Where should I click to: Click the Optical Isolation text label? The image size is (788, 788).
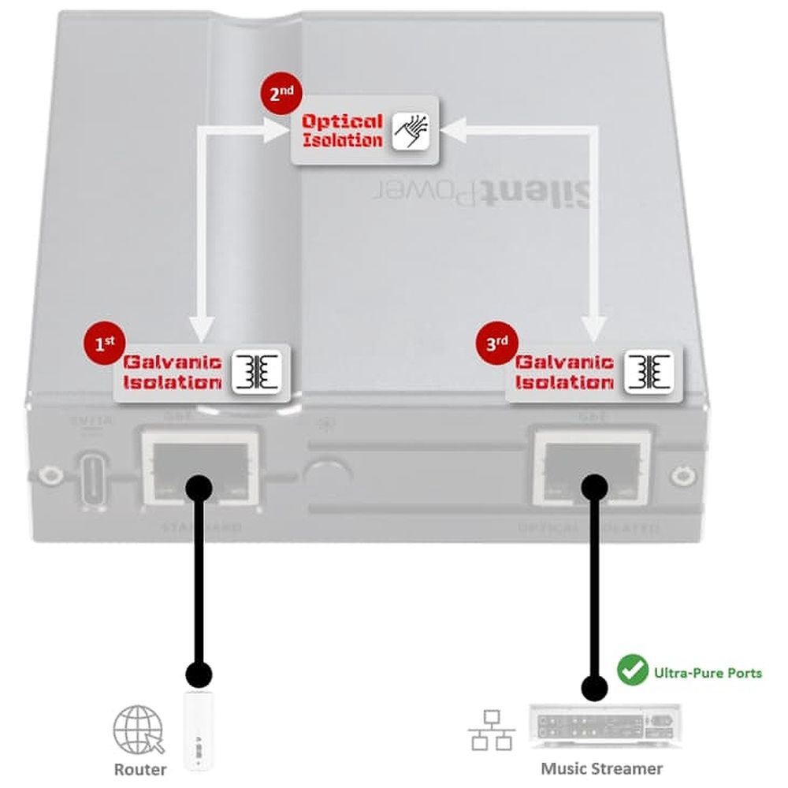pyautogui.click(x=343, y=131)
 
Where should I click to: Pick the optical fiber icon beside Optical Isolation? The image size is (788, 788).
pyautogui.click(x=410, y=131)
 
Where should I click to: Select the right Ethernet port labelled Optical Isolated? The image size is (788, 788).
pyautogui.click(x=593, y=470)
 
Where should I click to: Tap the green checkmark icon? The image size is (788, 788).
pyautogui.click(x=630, y=671)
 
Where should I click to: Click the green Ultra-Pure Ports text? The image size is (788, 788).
pyautogui.click(x=707, y=673)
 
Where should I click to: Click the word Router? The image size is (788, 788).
pyautogui.click(x=140, y=768)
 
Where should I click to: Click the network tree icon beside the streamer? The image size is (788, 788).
pyautogui.click(x=492, y=729)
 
